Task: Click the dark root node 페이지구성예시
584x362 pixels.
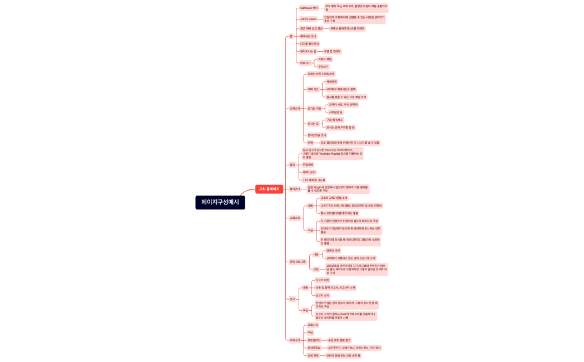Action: click(220, 203)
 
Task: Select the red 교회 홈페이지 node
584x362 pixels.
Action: click(269, 189)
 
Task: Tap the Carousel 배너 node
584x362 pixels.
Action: click(309, 8)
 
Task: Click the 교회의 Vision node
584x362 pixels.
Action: click(308, 19)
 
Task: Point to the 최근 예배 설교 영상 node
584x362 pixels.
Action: click(311, 28)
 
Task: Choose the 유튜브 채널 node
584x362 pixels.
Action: click(325, 59)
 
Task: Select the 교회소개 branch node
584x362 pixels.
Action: click(295, 109)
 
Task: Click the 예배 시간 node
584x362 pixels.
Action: click(313, 89)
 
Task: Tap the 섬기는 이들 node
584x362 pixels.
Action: click(314, 108)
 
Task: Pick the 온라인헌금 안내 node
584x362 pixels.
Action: click(317, 135)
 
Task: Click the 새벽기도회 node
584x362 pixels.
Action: click(308, 172)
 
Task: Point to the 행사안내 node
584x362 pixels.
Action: click(294, 189)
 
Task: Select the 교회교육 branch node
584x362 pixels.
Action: click(295, 218)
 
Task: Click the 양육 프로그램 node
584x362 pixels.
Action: click(298, 261)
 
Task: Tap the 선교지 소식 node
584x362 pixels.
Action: click(323, 295)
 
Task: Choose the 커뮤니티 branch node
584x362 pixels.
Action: click(295, 340)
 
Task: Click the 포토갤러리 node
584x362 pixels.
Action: click(314, 340)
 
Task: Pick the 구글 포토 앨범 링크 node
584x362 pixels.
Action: click(339, 340)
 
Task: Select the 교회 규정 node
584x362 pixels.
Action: click(313, 355)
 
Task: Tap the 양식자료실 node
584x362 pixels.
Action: click(314, 348)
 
